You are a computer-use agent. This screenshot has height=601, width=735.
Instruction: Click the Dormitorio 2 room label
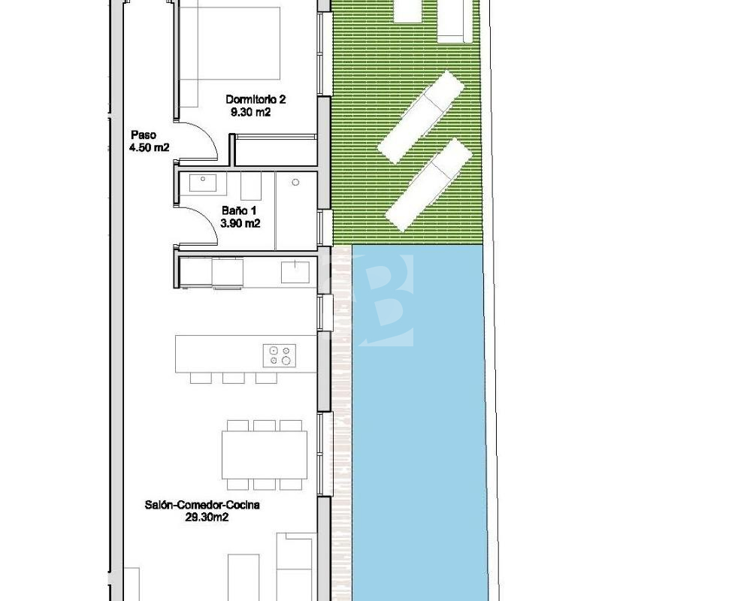coord(256,99)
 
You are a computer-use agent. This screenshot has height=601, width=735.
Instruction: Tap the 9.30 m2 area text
coord(250,112)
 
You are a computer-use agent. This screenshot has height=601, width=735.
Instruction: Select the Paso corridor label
coord(144,135)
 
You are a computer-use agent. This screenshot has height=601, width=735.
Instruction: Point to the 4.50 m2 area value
coord(149,147)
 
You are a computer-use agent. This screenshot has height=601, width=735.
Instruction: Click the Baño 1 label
coord(239,211)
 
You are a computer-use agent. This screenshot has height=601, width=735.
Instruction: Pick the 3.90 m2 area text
coord(240,223)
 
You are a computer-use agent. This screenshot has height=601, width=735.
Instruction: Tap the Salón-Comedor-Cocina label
coord(202,505)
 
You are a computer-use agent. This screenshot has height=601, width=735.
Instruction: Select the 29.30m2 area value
coord(207,517)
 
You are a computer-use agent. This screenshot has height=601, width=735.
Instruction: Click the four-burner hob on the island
coord(280,355)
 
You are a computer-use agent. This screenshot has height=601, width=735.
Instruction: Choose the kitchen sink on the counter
coord(295,272)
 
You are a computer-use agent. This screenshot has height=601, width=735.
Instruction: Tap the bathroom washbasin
coord(203,183)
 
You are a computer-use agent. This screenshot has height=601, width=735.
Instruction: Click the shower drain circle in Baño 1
coord(295,183)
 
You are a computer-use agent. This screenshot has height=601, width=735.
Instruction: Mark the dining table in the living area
coord(265,455)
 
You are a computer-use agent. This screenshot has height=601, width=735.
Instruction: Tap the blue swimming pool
coord(419,421)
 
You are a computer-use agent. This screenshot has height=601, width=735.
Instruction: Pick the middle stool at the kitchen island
coord(234,378)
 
